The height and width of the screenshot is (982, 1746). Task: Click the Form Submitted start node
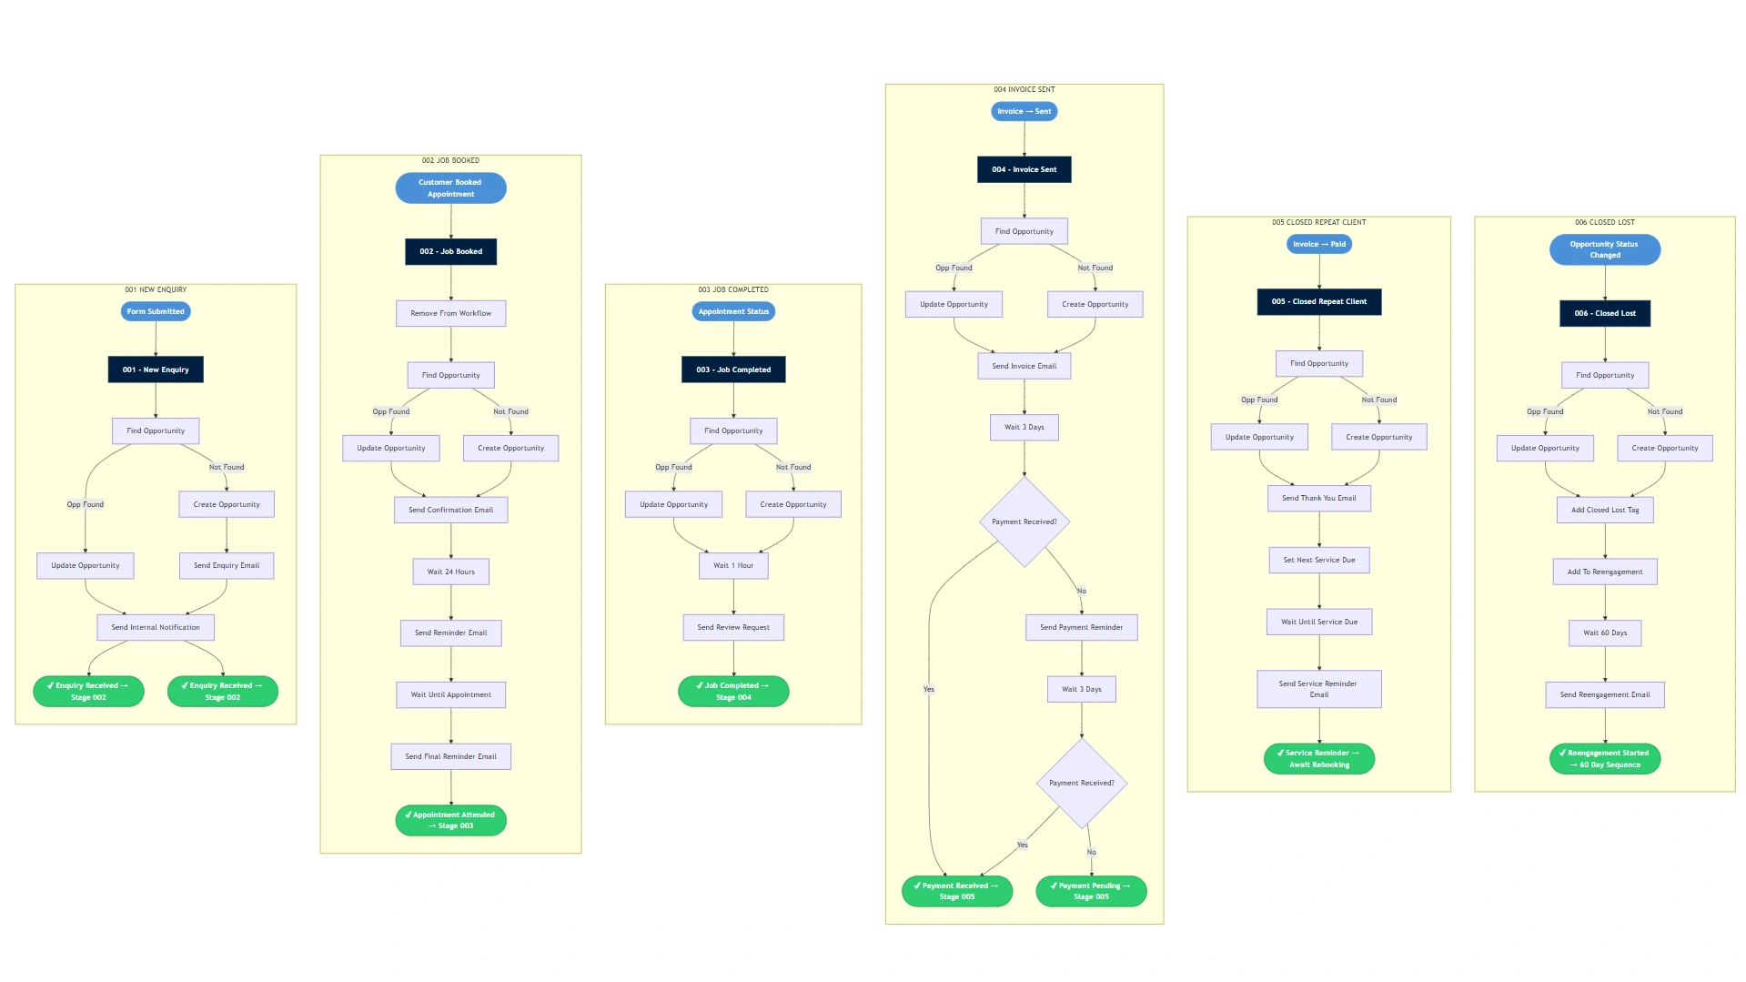(156, 311)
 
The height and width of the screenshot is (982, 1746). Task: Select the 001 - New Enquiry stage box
(156, 370)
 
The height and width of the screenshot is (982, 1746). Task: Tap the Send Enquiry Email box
(227, 565)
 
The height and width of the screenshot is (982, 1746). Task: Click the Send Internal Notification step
(156, 627)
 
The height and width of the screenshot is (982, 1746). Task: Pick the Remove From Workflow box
(451, 313)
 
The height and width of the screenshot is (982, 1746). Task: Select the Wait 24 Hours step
(451, 572)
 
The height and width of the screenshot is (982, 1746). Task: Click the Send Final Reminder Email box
(451, 756)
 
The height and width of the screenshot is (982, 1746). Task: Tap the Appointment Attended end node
(451, 820)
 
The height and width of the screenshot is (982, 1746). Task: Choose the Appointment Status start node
(733, 311)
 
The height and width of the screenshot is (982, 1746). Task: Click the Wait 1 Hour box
(733, 565)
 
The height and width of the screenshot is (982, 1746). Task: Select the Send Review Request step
(733, 627)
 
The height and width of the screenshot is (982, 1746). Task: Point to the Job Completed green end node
(733, 692)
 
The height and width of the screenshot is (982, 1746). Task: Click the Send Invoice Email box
(1024, 366)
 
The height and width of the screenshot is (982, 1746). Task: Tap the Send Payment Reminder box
(1082, 627)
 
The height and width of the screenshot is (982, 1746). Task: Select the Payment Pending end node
(1091, 891)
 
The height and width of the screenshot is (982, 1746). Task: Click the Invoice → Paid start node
(1319, 244)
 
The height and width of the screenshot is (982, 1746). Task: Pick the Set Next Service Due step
(1319, 560)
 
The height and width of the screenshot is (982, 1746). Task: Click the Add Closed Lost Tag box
(1605, 510)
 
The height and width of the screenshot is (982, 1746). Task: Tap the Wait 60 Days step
(1605, 633)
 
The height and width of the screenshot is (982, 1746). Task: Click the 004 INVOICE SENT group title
(1024, 89)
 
